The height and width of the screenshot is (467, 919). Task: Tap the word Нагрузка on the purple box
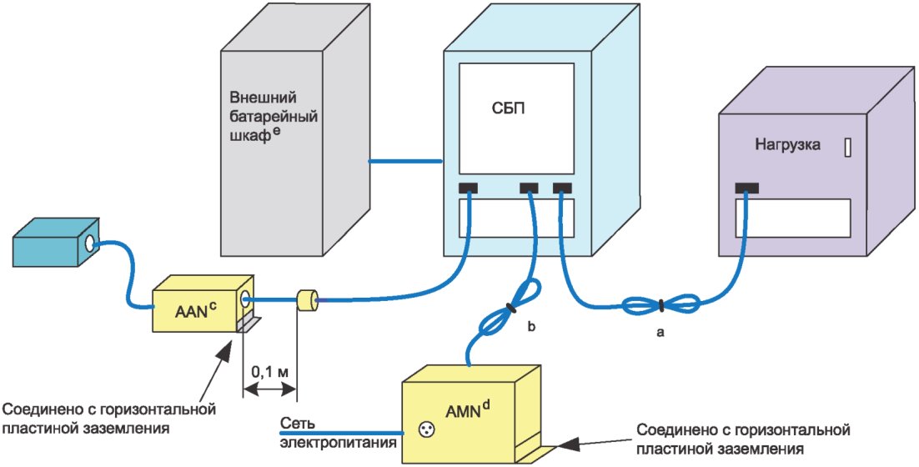coord(787,144)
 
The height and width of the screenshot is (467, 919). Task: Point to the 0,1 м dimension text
coord(271,370)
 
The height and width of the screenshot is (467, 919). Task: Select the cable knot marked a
coord(660,306)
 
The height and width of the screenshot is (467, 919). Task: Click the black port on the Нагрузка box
coord(747,188)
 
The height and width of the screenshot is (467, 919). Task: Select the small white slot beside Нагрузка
coord(848,148)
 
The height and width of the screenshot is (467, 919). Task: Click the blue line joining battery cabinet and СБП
coord(405,159)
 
